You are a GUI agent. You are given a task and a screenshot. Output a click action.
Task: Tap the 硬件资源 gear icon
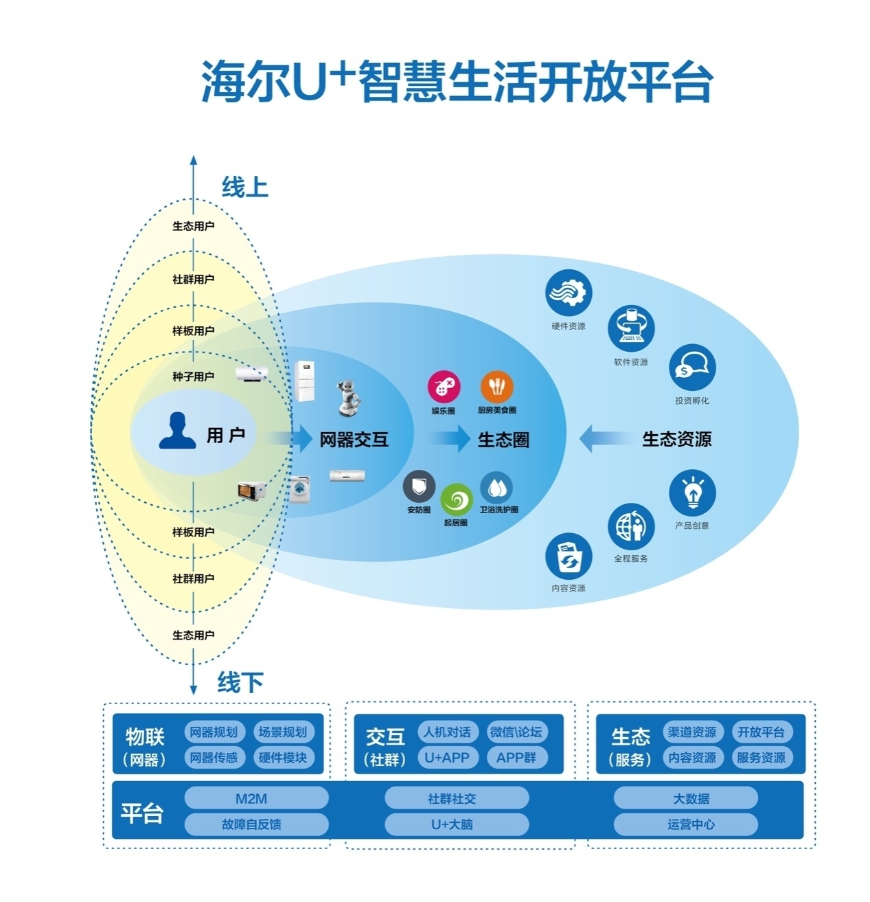(x=569, y=293)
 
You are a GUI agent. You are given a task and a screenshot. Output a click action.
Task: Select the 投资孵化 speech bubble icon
(x=692, y=368)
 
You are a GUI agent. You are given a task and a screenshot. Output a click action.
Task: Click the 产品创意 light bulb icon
(x=692, y=493)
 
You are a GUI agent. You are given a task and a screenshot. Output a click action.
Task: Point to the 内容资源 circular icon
(x=569, y=556)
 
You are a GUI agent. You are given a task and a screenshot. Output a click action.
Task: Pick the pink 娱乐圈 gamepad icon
(x=444, y=387)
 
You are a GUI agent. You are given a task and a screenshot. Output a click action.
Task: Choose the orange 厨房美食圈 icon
(x=496, y=387)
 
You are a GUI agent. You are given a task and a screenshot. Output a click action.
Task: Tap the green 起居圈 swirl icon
(x=456, y=500)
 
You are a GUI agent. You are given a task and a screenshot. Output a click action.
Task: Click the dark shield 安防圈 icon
(x=419, y=486)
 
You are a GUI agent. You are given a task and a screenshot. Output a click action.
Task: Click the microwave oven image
(x=251, y=491)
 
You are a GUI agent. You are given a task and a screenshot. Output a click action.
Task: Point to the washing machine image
(x=300, y=488)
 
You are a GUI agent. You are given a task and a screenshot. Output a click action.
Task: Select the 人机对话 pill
(x=448, y=732)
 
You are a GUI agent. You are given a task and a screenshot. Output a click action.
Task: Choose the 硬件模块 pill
(x=283, y=758)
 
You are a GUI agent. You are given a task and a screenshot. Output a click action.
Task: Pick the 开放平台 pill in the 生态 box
(x=761, y=732)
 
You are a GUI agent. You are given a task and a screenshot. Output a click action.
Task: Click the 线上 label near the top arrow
(x=244, y=187)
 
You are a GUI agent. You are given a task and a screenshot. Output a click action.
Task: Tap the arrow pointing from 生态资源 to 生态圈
(x=604, y=438)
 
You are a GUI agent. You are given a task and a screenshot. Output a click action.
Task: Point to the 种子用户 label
(x=193, y=376)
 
